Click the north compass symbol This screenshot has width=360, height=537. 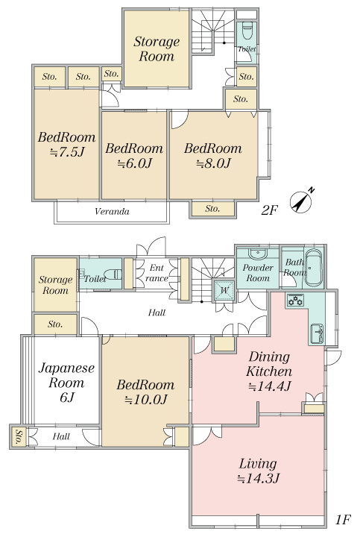301,201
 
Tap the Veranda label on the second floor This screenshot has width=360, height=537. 113,211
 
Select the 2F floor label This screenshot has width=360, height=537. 269,210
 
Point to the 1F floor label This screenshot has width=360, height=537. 343,521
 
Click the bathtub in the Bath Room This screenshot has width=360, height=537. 313,268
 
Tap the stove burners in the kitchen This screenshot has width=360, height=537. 295,301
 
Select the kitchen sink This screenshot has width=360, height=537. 317,333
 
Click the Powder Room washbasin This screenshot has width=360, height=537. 258,254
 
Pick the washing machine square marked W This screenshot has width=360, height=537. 224,290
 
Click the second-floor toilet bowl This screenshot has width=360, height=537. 247,31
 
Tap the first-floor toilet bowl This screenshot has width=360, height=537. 113,274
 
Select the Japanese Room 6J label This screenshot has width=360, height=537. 66,383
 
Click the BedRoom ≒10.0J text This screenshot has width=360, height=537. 145,392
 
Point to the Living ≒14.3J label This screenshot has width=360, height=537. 258,471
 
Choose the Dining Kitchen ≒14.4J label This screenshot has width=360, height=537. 269,371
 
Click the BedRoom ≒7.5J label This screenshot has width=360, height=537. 67,144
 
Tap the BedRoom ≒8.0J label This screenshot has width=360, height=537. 213,155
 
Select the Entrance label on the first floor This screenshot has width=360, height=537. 157,273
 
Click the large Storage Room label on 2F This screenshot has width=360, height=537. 157,48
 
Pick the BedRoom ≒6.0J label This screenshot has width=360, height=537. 134,155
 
